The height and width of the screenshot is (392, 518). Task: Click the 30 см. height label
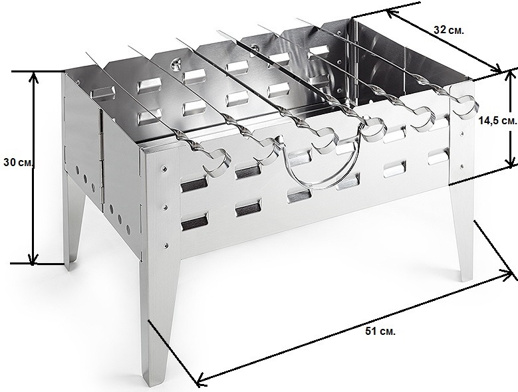coord(17,162)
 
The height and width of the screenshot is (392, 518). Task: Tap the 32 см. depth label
coord(449,30)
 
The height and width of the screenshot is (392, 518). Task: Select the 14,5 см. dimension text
coord(497,121)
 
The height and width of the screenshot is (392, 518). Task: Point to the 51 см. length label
coord(380,332)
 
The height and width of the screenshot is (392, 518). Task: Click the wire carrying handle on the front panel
coord(317,187)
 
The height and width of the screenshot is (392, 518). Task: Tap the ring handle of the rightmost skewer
coord(465,106)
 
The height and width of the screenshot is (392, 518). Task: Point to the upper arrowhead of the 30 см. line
coord(33,76)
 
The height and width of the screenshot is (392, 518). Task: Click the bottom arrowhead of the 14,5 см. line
coord(511,161)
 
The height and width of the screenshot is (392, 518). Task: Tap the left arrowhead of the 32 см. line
coord(392,13)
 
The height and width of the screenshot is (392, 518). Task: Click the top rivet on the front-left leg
coord(164,169)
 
